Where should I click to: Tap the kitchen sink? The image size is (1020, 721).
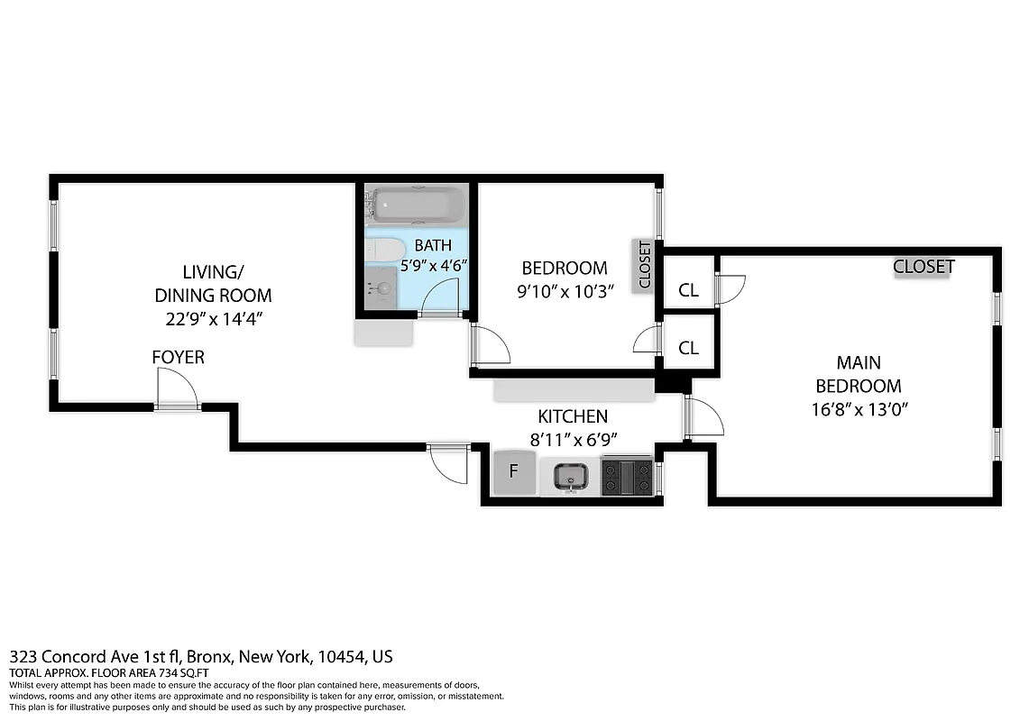click(569, 476)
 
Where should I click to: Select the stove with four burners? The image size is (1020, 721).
click(627, 476)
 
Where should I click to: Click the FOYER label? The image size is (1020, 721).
click(178, 358)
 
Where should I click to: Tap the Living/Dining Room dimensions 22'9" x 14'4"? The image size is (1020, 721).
click(213, 318)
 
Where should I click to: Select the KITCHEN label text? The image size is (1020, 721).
click(573, 416)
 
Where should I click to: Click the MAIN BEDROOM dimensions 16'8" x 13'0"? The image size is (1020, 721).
click(858, 408)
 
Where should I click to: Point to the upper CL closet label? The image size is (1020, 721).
click(688, 290)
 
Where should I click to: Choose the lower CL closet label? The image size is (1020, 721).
click(688, 348)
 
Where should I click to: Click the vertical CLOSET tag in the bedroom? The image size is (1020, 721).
click(644, 265)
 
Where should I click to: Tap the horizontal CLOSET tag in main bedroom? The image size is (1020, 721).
click(923, 267)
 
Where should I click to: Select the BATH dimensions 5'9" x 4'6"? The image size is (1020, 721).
click(434, 266)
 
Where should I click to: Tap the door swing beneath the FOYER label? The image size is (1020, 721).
click(177, 390)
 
